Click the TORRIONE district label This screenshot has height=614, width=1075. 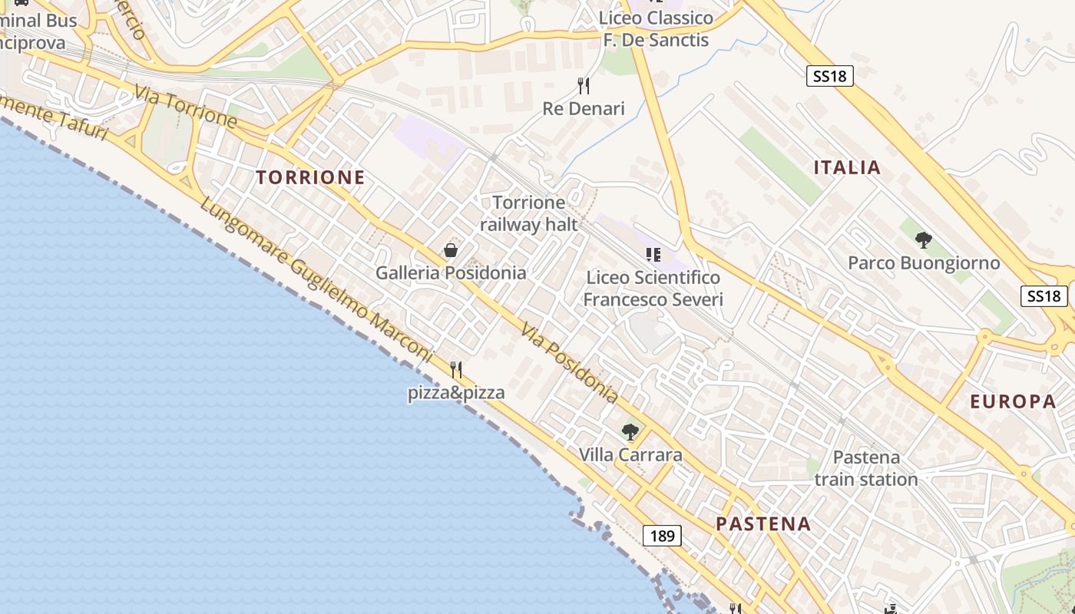pos(310,177)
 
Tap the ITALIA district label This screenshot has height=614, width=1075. pos(847,167)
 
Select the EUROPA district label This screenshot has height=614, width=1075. pos(1013,401)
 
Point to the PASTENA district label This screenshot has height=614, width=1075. pos(763,524)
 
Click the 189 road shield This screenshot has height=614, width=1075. pos(662,536)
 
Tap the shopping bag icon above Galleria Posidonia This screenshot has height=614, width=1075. pos(451,250)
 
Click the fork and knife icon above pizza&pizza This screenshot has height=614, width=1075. pos(456,370)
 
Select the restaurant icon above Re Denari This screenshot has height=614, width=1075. pos(584,85)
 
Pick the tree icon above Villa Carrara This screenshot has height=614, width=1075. pos(630,432)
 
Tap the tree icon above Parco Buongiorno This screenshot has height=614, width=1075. pos(924,240)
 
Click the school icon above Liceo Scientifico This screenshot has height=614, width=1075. pos(653,254)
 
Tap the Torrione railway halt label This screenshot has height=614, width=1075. pos(528,213)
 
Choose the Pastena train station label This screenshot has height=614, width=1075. pos(866,468)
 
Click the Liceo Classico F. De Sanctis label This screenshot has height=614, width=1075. pos(656,28)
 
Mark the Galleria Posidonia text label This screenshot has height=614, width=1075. pos(451,273)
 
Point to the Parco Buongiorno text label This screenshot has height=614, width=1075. pos(924,263)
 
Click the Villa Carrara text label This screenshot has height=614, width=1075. pos(630,455)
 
